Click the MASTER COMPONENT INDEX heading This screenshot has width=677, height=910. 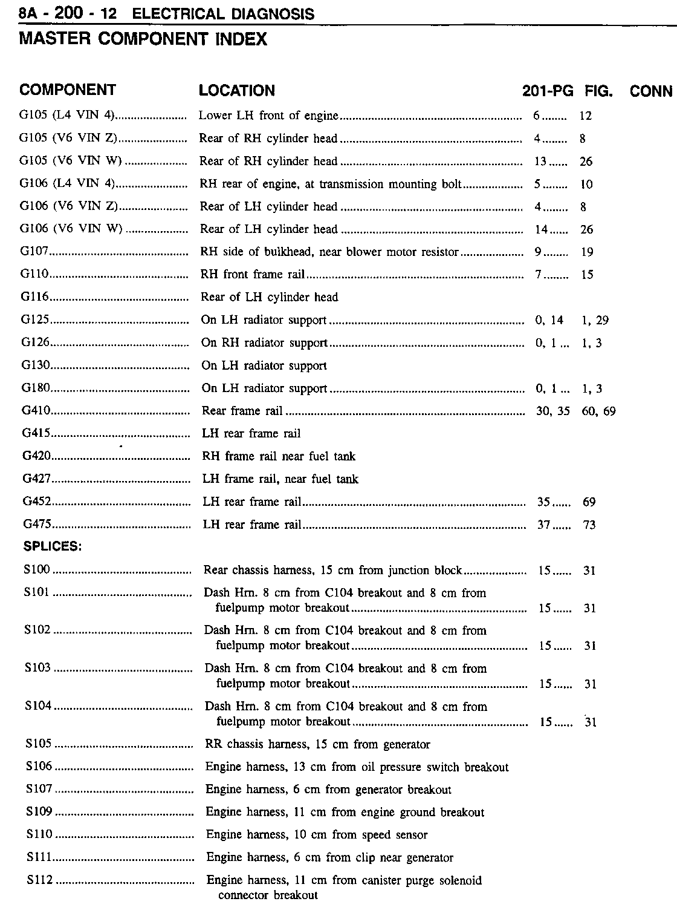point(143,39)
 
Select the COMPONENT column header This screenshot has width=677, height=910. point(68,90)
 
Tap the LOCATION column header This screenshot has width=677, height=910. point(237,91)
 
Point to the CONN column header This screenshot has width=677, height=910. point(651,91)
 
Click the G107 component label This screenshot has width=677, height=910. point(34,252)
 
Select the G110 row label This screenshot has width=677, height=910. point(34,274)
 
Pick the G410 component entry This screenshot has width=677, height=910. point(36,411)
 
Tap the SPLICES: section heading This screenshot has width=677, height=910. point(53,546)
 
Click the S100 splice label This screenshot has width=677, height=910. point(37,570)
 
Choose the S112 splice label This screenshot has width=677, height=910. point(40,880)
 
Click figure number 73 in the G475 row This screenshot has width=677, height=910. point(589,525)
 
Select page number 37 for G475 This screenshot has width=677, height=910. point(544,525)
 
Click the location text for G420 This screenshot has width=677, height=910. point(279,456)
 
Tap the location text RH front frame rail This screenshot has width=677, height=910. point(253,275)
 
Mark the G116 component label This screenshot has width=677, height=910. point(34,297)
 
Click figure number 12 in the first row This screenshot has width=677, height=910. point(585,116)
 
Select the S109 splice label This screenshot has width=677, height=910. point(39,811)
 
